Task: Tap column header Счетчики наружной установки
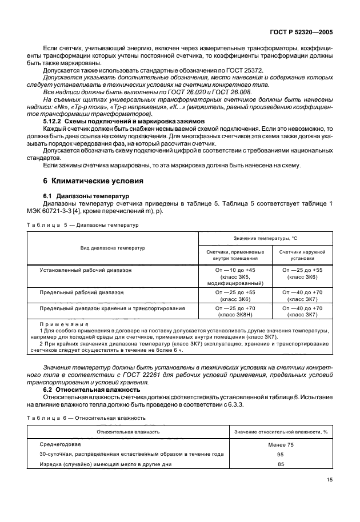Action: (302, 255)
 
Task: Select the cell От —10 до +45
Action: (235, 270)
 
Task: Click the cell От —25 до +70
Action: (235, 308)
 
